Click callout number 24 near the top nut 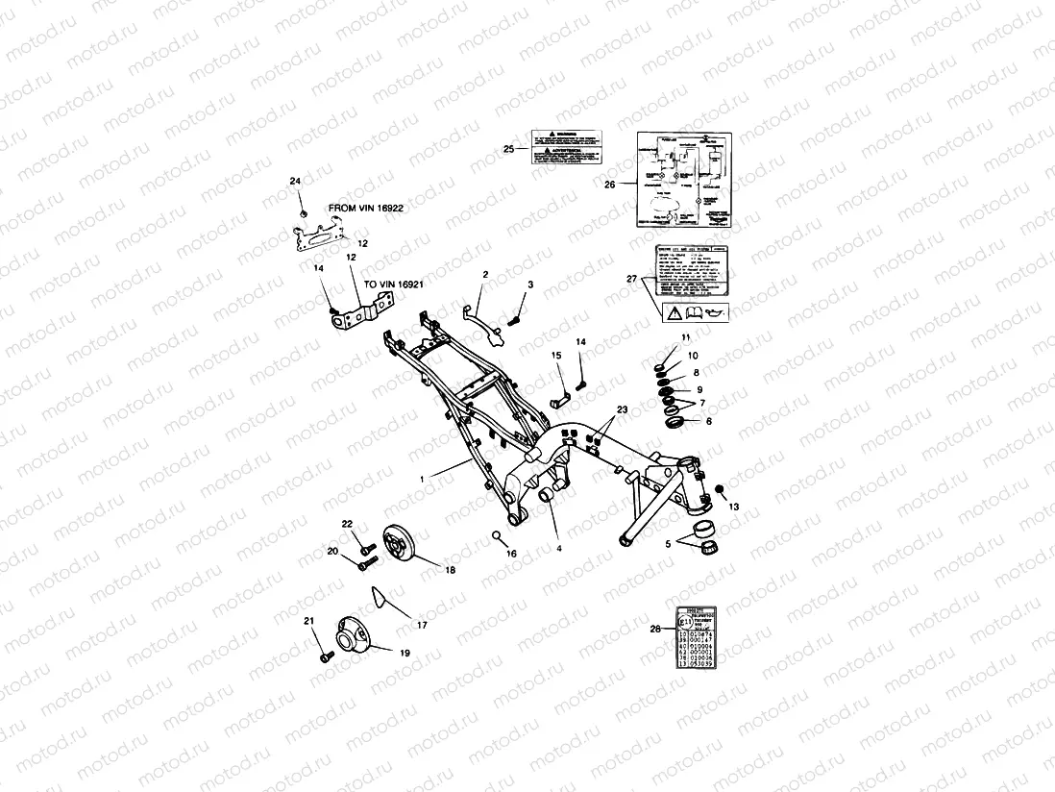pos(295,182)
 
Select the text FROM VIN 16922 pos(366,207)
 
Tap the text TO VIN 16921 pos(393,285)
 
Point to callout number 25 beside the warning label pos(509,148)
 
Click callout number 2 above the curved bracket pos(485,275)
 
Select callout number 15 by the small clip pos(556,356)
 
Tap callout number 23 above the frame pos(622,410)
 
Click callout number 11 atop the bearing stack pos(685,337)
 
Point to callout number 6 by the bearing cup pos(709,421)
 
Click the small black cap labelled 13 pos(718,492)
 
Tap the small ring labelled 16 pos(498,534)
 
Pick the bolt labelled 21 pos(324,658)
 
